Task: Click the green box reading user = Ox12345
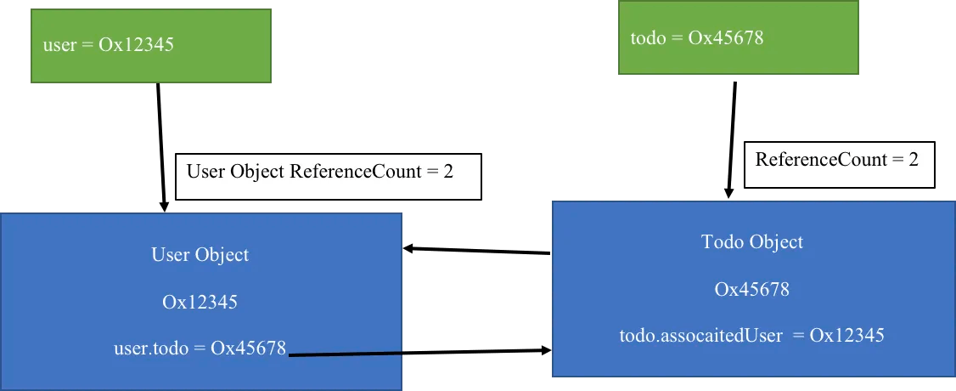point(150,46)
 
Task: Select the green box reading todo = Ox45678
point(739,37)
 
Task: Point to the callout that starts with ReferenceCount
point(840,165)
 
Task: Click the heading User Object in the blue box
point(200,254)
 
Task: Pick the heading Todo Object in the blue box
point(752,241)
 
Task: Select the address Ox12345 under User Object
point(200,302)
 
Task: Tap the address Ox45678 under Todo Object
point(752,288)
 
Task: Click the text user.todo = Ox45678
point(200,348)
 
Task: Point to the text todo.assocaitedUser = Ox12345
point(751,336)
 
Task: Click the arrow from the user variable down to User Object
point(161,148)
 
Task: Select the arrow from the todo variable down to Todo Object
point(732,140)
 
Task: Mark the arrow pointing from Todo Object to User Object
point(477,251)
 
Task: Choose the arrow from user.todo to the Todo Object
point(419,352)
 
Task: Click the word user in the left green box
point(59,45)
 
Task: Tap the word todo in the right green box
point(648,38)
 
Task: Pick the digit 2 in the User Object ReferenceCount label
point(448,172)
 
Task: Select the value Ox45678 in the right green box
point(726,37)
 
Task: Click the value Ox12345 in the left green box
point(136,45)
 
